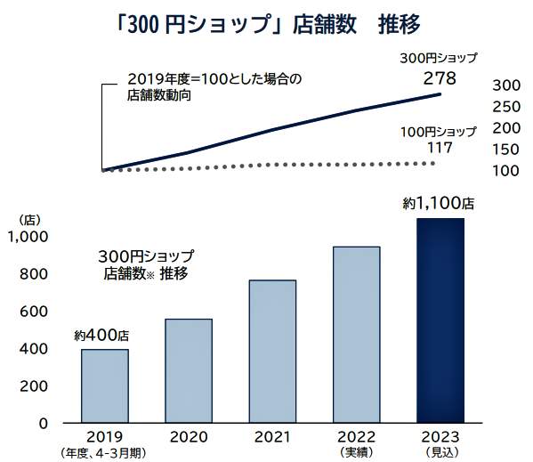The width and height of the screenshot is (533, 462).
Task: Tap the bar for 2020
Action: pos(189,370)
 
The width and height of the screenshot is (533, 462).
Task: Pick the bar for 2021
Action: pos(272,351)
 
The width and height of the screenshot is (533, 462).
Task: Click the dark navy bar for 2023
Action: pos(440,320)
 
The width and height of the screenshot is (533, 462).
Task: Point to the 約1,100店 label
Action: pos(438,204)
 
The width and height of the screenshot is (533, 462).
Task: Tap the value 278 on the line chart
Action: pos(440,78)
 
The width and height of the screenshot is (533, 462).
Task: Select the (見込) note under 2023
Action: pos(440,453)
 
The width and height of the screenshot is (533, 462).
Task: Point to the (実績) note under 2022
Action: pos(356,453)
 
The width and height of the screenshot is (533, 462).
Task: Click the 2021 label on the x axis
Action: pos(272,437)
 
